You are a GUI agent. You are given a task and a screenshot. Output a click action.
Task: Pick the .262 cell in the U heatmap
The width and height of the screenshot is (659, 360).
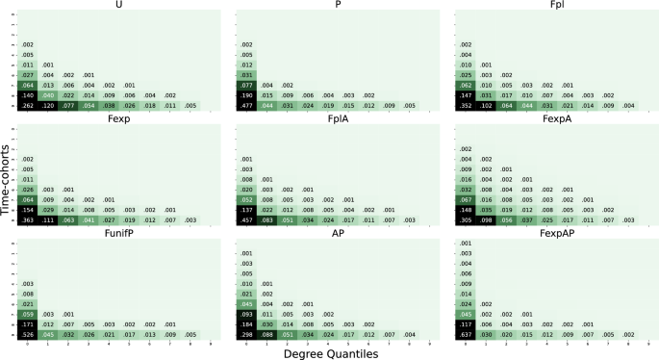pyautogui.click(x=28, y=106)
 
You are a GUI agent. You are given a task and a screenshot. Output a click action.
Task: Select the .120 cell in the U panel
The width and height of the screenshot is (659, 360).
pyautogui.click(x=48, y=106)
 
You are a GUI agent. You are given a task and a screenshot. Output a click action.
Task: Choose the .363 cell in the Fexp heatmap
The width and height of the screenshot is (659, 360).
pyautogui.click(x=28, y=219)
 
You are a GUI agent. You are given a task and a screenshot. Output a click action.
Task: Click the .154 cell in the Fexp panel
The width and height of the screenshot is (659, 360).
pyautogui.click(x=28, y=209)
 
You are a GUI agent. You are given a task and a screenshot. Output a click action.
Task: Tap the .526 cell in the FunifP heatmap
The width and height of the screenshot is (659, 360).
pyautogui.click(x=28, y=334)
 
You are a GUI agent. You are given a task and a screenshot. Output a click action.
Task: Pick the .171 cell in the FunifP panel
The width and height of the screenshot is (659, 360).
pyautogui.click(x=28, y=323)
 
